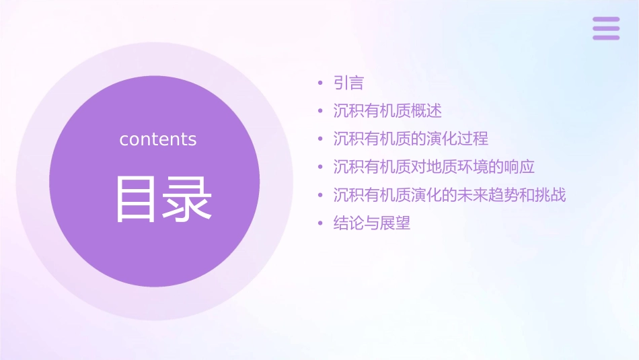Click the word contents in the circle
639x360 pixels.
click(158, 139)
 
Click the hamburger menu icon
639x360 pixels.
click(605, 28)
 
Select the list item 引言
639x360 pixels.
click(348, 83)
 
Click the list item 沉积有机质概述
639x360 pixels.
click(387, 111)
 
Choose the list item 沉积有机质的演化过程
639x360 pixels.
click(410, 139)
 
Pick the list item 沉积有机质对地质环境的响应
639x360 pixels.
click(434, 167)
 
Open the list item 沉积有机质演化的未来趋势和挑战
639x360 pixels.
click(449, 195)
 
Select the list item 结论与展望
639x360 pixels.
click(371, 223)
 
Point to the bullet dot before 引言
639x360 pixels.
click(321, 83)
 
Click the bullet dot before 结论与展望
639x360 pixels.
click(321, 223)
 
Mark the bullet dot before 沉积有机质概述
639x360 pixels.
click(321, 112)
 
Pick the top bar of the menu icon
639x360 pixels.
click(605, 20)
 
